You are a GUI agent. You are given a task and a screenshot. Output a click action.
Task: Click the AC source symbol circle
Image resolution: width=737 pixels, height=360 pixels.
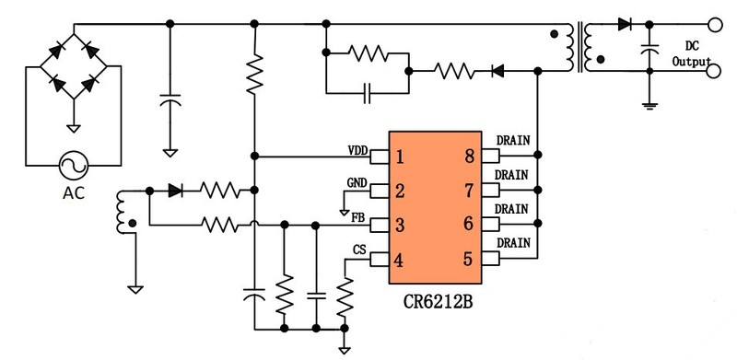(x=71, y=167)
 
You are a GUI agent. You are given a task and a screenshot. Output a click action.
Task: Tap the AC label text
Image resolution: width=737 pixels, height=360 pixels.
(x=71, y=195)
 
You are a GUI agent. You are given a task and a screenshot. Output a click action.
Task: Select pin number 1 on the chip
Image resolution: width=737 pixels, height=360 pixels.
(x=399, y=156)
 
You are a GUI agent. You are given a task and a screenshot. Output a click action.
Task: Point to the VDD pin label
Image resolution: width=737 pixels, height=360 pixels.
(x=357, y=149)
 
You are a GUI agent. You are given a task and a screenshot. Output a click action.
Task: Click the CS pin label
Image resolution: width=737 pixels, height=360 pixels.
(x=359, y=250)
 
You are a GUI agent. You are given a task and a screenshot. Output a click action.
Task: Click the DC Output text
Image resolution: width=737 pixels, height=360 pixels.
(x=696, y=53)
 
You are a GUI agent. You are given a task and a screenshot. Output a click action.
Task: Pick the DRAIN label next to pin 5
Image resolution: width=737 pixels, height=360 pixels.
(x=512, y=242)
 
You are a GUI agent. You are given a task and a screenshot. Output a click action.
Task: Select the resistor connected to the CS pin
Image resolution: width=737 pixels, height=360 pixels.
(x=344, y=296)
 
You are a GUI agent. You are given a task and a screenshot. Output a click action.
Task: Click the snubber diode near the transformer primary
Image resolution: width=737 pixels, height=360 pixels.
(x=497, y=69)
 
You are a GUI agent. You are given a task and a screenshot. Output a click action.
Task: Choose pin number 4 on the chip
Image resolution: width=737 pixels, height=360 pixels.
(x=399, y=260)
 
